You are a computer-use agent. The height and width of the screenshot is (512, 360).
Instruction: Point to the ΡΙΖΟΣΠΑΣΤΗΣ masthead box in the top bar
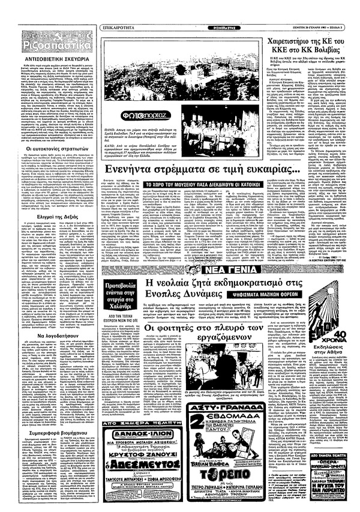click(179, 10)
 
